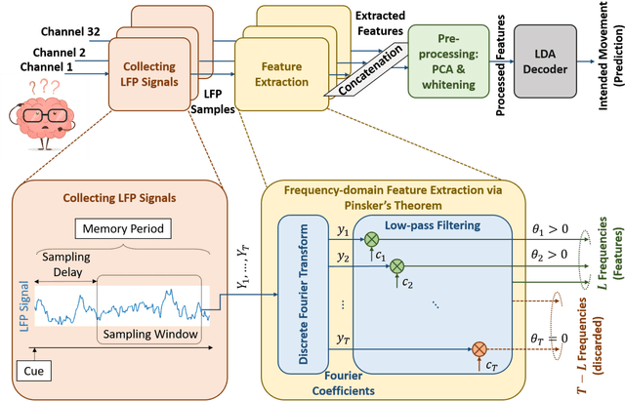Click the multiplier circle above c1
click(371, 238)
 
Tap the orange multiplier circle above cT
click(479, 348)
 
